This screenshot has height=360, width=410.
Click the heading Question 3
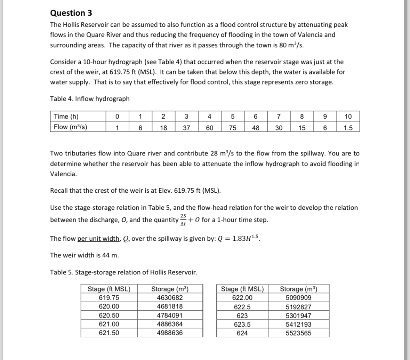(x=71, y=13)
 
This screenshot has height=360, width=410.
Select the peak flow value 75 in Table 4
(x=233, y=127)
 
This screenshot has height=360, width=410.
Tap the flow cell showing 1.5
(x=348, y=127)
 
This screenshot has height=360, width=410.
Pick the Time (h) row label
(x=66, y=117)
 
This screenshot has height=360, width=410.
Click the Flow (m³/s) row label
(x=71, y=127)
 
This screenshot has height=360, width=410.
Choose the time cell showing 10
(x=348, y=117)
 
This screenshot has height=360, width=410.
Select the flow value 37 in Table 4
(x=186, y=127)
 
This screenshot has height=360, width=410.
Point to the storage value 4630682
(x=170, y=298)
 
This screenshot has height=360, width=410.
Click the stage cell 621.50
(x=109, y=333)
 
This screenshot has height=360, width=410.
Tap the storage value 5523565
(x=298, y=333)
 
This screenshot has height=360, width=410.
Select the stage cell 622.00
(x=242, y=298)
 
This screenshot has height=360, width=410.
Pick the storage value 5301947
(x=298, y=316)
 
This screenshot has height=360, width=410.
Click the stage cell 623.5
(x=242, y=325)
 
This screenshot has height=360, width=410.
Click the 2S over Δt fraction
(x=184, y=220)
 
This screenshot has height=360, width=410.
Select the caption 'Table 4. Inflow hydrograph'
(x=90, y=99)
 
